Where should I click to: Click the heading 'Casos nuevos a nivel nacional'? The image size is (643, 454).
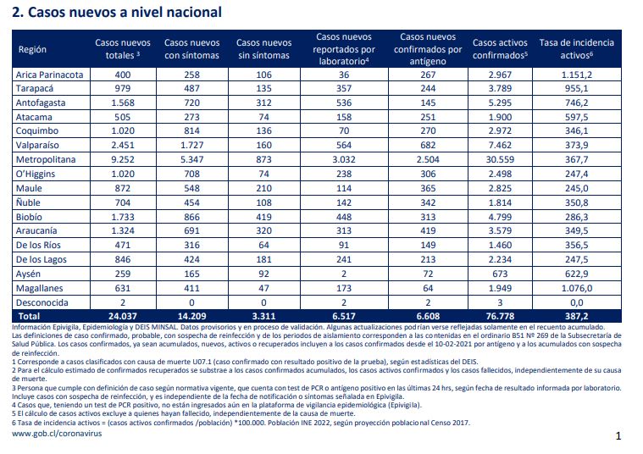(125, 13)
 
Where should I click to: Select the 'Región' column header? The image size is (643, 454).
(32, 49)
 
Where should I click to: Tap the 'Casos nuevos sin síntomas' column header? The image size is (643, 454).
(263, 49)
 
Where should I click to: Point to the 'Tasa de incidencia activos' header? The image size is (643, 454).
(577, 49)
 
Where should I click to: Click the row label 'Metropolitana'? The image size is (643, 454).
(46, 159)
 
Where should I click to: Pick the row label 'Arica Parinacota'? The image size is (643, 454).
(49, 75)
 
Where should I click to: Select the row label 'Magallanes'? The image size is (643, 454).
(39, 288)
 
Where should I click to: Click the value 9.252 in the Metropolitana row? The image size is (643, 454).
(123, 159)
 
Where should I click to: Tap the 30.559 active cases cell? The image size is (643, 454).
(500, 159)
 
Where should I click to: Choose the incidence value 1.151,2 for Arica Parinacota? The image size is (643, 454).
(577, 75)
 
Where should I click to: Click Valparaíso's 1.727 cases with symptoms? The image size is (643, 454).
(191, 145)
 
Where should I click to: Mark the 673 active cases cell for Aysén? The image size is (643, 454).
(500, 274)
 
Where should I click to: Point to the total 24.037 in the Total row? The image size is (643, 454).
(123, 316)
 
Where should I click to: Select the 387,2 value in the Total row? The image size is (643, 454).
(577, 316)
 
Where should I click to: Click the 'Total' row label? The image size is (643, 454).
(28, 316)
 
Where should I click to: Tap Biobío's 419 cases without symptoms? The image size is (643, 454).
(263, 217)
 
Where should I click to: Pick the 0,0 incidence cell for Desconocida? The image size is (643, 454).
(577, 302)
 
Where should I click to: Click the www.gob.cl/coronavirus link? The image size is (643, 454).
(57, 434)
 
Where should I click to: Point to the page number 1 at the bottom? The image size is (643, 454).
(618, 436)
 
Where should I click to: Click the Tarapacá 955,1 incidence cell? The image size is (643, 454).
(577, 89)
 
